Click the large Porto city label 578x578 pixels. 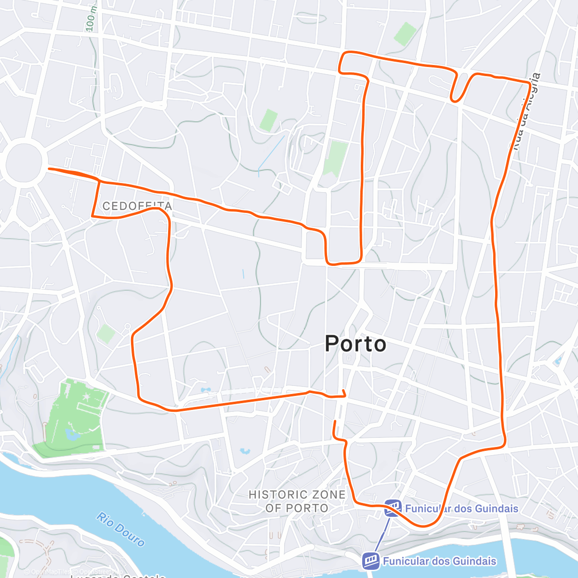pos(355,344)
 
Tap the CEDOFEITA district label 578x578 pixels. pos(137,206)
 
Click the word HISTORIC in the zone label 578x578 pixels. pos(277,495)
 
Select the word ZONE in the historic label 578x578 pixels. pos(328,495)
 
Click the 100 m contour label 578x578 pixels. pos(91,19)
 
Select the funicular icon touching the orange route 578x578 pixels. pos(393,508)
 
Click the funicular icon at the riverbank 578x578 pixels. pos(370,561)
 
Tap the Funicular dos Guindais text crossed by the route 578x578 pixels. pos(461,509)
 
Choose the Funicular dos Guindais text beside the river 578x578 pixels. pos(439,561)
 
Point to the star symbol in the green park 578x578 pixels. pos(86,396)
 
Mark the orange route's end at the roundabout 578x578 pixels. pos(49,169)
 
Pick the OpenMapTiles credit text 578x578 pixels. pos(50,572)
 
